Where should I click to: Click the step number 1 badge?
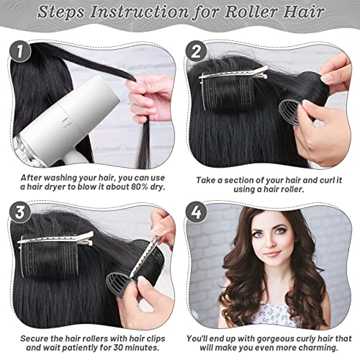point(19,51)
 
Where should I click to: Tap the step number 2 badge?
point(196,51)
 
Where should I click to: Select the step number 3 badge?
point(19,212)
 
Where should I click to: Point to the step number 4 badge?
point(196,212)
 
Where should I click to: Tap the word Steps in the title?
point(60,12)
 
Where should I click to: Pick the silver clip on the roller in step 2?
point(233,73)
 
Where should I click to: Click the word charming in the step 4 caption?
point(316,348)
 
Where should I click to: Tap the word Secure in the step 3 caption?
point(34,338)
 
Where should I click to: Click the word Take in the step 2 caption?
point(205,180)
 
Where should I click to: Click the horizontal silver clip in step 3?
point(55,239)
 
